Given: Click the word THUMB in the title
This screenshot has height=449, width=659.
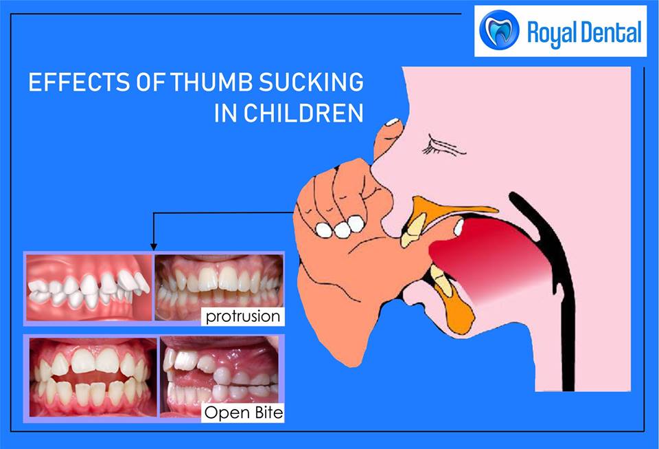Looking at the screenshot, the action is point(211,82).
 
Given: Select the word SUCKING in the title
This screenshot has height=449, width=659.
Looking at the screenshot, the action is point(311,82).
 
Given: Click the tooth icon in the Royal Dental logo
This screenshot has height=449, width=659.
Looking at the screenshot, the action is point(499,30).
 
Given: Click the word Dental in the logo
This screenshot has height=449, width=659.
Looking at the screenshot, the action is point(612,32).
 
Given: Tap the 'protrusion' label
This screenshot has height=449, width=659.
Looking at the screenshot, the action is point(243,316).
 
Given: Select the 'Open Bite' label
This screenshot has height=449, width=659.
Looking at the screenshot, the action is point(243,413).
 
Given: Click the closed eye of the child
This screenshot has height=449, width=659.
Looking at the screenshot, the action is point(443,146).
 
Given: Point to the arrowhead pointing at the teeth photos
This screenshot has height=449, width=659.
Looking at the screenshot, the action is point(154,247).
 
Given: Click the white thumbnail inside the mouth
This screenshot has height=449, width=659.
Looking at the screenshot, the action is point(458,228).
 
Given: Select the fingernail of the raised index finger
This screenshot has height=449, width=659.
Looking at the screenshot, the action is point(393,122).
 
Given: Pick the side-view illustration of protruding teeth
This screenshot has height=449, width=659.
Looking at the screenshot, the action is point(89,287).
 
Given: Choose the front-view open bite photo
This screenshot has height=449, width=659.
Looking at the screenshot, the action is point(93,377).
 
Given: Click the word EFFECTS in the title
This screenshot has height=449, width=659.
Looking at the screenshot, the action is point(80,82).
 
